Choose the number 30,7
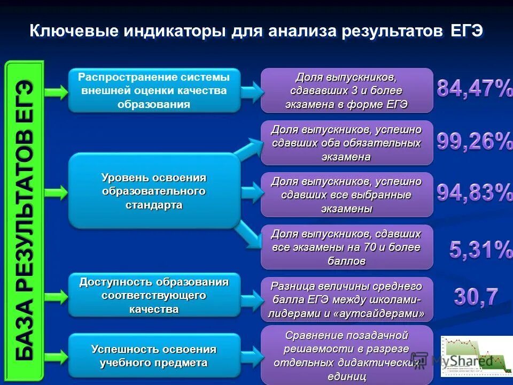click(476, 297)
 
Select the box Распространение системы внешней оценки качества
click(154, 90)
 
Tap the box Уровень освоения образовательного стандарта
click(154, 191)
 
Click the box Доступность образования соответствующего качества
click(154, 296)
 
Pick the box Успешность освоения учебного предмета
click(154, 356)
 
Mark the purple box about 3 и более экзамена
click(346, 90)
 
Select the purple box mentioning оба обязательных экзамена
click(346, 143)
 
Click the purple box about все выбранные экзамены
click(346, 195)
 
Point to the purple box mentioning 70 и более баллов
click(346, 247)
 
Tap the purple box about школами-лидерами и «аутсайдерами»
click(346, 299)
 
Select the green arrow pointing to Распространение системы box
click(56, 91)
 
